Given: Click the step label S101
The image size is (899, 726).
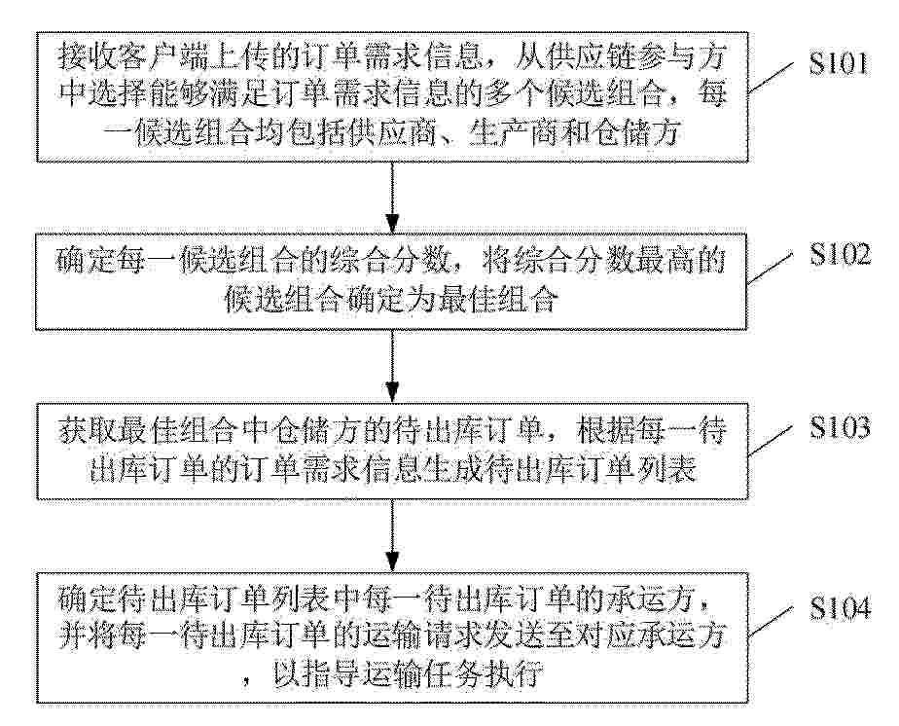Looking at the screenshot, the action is tap(839, 64).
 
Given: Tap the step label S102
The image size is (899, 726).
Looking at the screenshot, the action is tap(840, 255).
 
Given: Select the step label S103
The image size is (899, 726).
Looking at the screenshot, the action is tap(840, 428).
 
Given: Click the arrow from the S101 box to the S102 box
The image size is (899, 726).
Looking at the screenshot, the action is tap(392, 197).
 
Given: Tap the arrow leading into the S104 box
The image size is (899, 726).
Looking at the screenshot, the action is tap(392, 534).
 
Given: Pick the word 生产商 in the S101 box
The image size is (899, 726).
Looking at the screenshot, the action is tap(508, 133).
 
